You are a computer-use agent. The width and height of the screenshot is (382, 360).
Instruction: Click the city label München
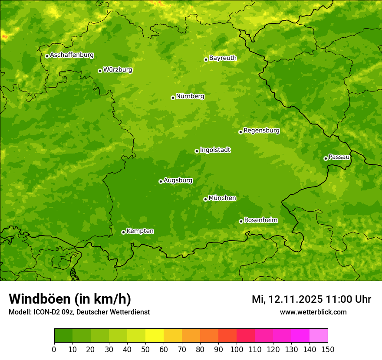(222, 198)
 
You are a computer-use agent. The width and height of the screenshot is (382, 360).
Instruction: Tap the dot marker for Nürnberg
(173, 98)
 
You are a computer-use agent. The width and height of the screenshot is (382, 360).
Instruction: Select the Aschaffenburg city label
(72, 55)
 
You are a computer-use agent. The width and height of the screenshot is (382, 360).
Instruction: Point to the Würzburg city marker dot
(100, 71)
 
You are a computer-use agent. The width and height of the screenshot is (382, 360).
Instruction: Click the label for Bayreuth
(223, 58)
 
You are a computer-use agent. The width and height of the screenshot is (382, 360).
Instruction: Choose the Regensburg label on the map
(261, 131)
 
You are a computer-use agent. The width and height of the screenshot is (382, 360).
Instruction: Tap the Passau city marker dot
(326, 158)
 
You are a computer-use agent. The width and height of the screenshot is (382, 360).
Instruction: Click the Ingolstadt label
(215, 150)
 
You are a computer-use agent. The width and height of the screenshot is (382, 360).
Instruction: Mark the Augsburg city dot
(161, 181)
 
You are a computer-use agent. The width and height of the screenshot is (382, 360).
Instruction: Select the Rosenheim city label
(260, 220)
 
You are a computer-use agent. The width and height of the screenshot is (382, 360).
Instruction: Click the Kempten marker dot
(123, 232)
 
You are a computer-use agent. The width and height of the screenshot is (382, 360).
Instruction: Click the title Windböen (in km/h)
(70, 299)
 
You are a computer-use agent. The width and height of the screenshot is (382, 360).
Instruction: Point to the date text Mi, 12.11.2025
(286, 299)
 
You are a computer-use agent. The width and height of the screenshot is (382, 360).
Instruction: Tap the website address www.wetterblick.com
(313, 312)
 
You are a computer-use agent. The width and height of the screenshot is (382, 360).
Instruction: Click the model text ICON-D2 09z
(53, 312)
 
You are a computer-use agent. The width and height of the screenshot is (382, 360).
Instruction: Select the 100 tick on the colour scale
(237, 349)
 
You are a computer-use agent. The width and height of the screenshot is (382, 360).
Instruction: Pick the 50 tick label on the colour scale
(145, 349)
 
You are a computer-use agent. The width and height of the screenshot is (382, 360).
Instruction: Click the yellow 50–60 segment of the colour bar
(155, 336)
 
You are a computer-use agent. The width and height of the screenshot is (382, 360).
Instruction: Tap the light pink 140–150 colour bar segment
(319, 336)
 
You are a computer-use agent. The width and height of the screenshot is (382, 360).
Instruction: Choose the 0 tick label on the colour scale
(54, 349)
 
